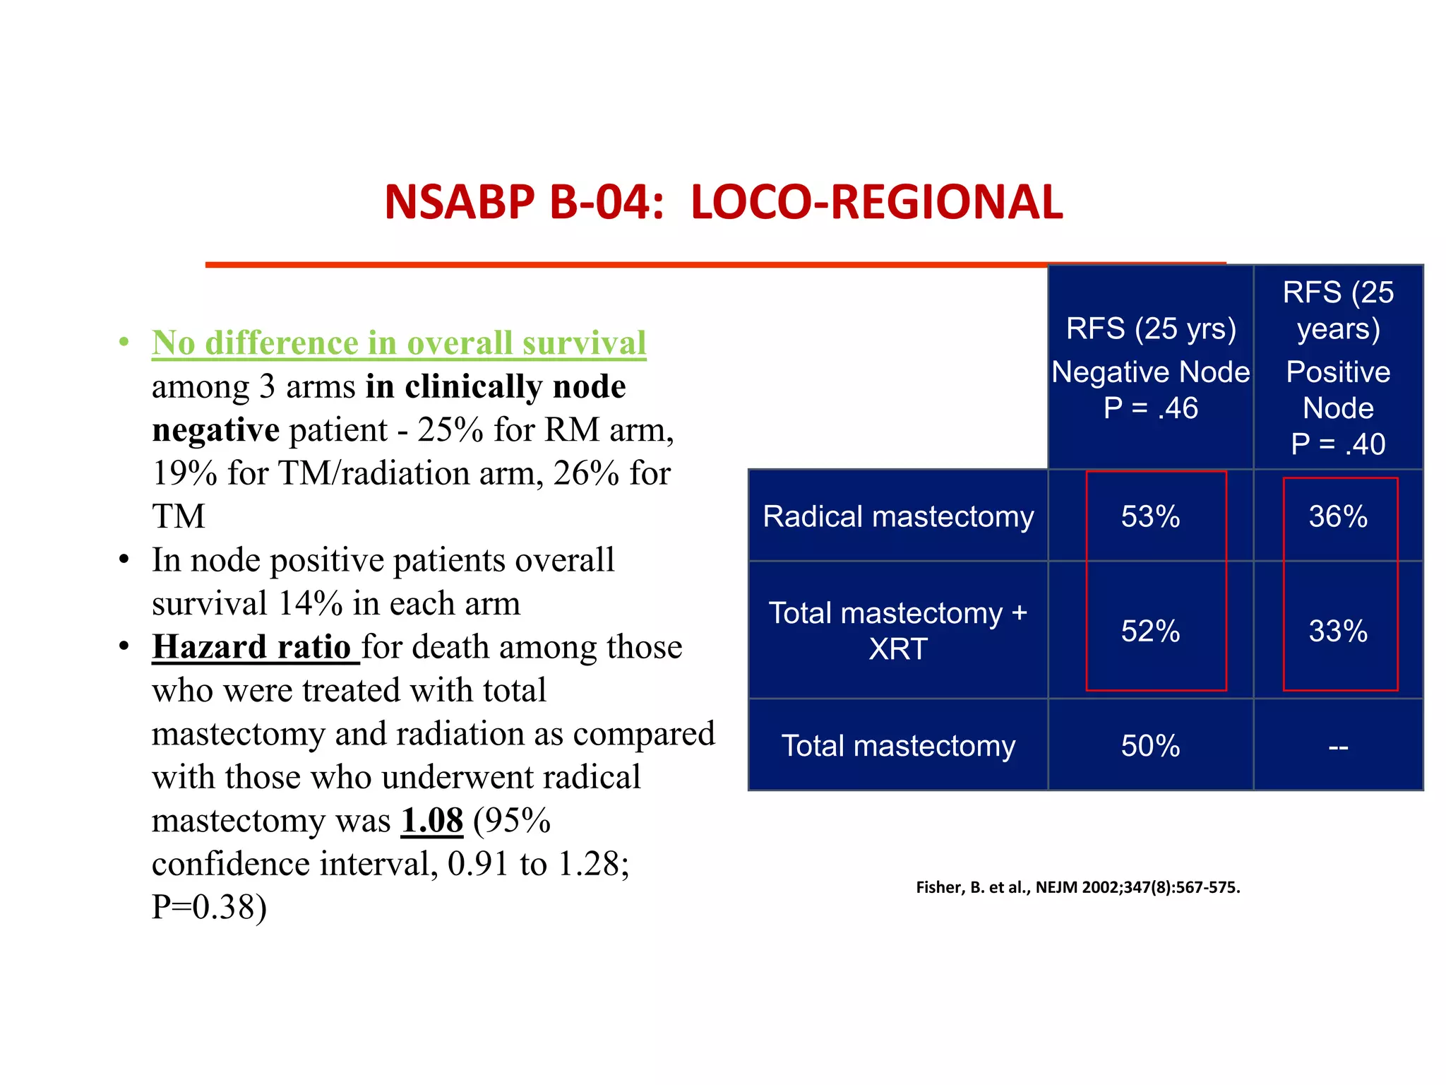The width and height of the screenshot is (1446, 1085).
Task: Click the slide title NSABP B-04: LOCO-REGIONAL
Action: [723, 202]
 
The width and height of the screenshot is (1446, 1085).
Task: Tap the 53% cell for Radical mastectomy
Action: [1150, 516]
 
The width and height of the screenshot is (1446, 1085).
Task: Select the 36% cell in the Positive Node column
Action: [1337, 516]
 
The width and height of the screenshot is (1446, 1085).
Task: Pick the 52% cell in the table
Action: [1150, 631]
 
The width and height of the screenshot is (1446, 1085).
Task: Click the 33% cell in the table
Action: [1337, 631]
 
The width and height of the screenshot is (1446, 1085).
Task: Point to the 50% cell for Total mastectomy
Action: [1150, 746]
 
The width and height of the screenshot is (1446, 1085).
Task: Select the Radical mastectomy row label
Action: [898, 516]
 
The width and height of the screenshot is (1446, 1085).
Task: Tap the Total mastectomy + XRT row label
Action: [898, 631]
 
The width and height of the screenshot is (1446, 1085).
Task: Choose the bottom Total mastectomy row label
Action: [898, 746]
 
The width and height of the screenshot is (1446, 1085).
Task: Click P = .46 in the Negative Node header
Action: [1150, 408]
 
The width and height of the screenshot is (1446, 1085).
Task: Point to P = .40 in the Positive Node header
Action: [1337, 444]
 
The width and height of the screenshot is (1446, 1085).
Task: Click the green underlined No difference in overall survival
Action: [399, 343]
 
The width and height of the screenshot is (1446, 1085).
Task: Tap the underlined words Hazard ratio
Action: [251, 647]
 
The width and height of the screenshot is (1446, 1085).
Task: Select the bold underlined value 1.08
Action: [431, 821]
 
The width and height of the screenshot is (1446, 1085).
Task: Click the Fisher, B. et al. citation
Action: [1077, 887]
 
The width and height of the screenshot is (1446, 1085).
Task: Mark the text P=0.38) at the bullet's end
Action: [209, 907]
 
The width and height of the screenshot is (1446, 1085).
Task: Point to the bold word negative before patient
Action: [215, 430]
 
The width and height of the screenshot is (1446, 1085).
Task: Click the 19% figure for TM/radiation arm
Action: [184, 473]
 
